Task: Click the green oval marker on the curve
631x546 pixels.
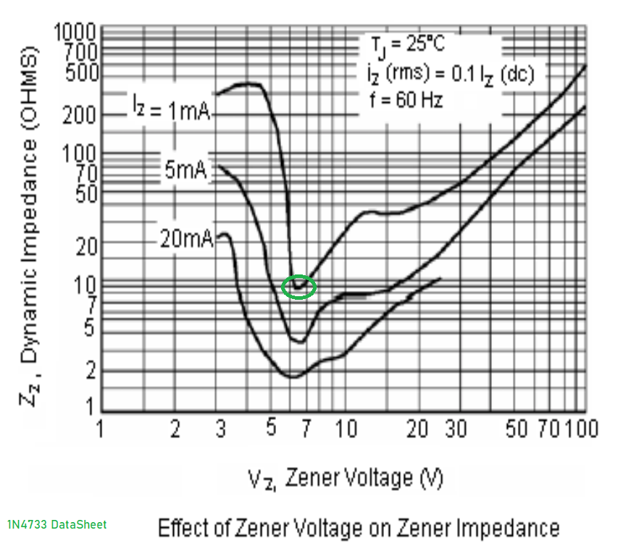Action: (299, 287)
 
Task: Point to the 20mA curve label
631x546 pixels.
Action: (187, 238)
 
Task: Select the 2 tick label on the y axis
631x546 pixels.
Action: (90, 371)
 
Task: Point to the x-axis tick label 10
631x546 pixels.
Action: (346, 429)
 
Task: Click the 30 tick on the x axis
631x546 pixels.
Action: (455, 429)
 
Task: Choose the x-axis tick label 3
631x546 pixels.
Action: (220, 429)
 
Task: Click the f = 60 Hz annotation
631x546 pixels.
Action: (405, 99)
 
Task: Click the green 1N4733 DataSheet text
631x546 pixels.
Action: (57, 524)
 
